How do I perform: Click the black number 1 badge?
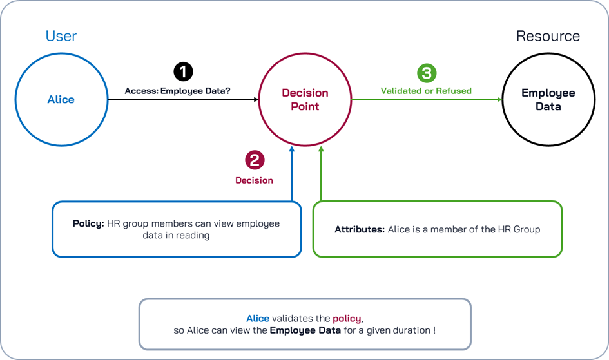[183, 71]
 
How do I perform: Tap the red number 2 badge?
[255, 160]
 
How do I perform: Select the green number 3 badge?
[426, 72]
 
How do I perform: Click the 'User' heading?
[61, 35]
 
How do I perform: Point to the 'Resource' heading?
[548, 36]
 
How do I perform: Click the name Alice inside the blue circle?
[61, 100]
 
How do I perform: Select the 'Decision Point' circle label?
[305, 100]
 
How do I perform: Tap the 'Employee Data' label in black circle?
[548, 100]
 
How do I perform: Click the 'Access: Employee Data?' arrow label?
[178, 91]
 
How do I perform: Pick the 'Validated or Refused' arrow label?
[426, 91]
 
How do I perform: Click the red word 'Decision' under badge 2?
[254, 180]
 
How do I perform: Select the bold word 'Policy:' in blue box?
[88, 223]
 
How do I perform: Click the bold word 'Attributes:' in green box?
[359, 229]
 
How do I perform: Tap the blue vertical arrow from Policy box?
[292, 174]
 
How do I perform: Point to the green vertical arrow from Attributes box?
[321, 174]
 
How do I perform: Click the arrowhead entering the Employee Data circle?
[499, 100]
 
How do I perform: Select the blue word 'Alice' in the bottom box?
[258, 318]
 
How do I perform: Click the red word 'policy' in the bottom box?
[347, 318]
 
